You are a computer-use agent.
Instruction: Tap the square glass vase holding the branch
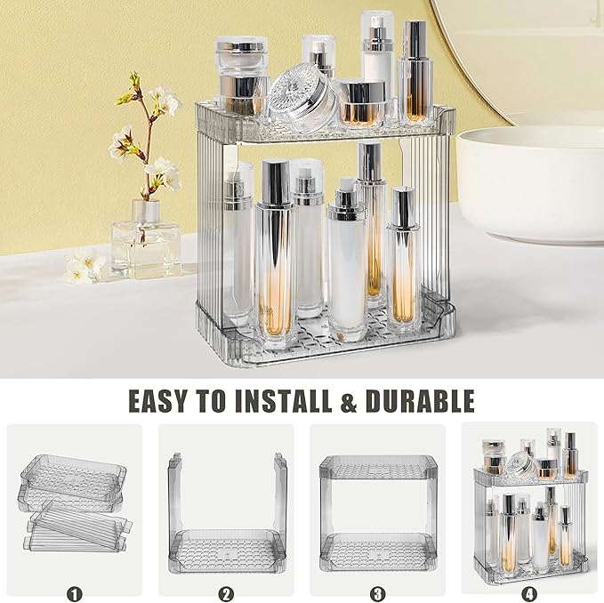pos(145,245)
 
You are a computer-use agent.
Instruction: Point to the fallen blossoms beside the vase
pos(85,267)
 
